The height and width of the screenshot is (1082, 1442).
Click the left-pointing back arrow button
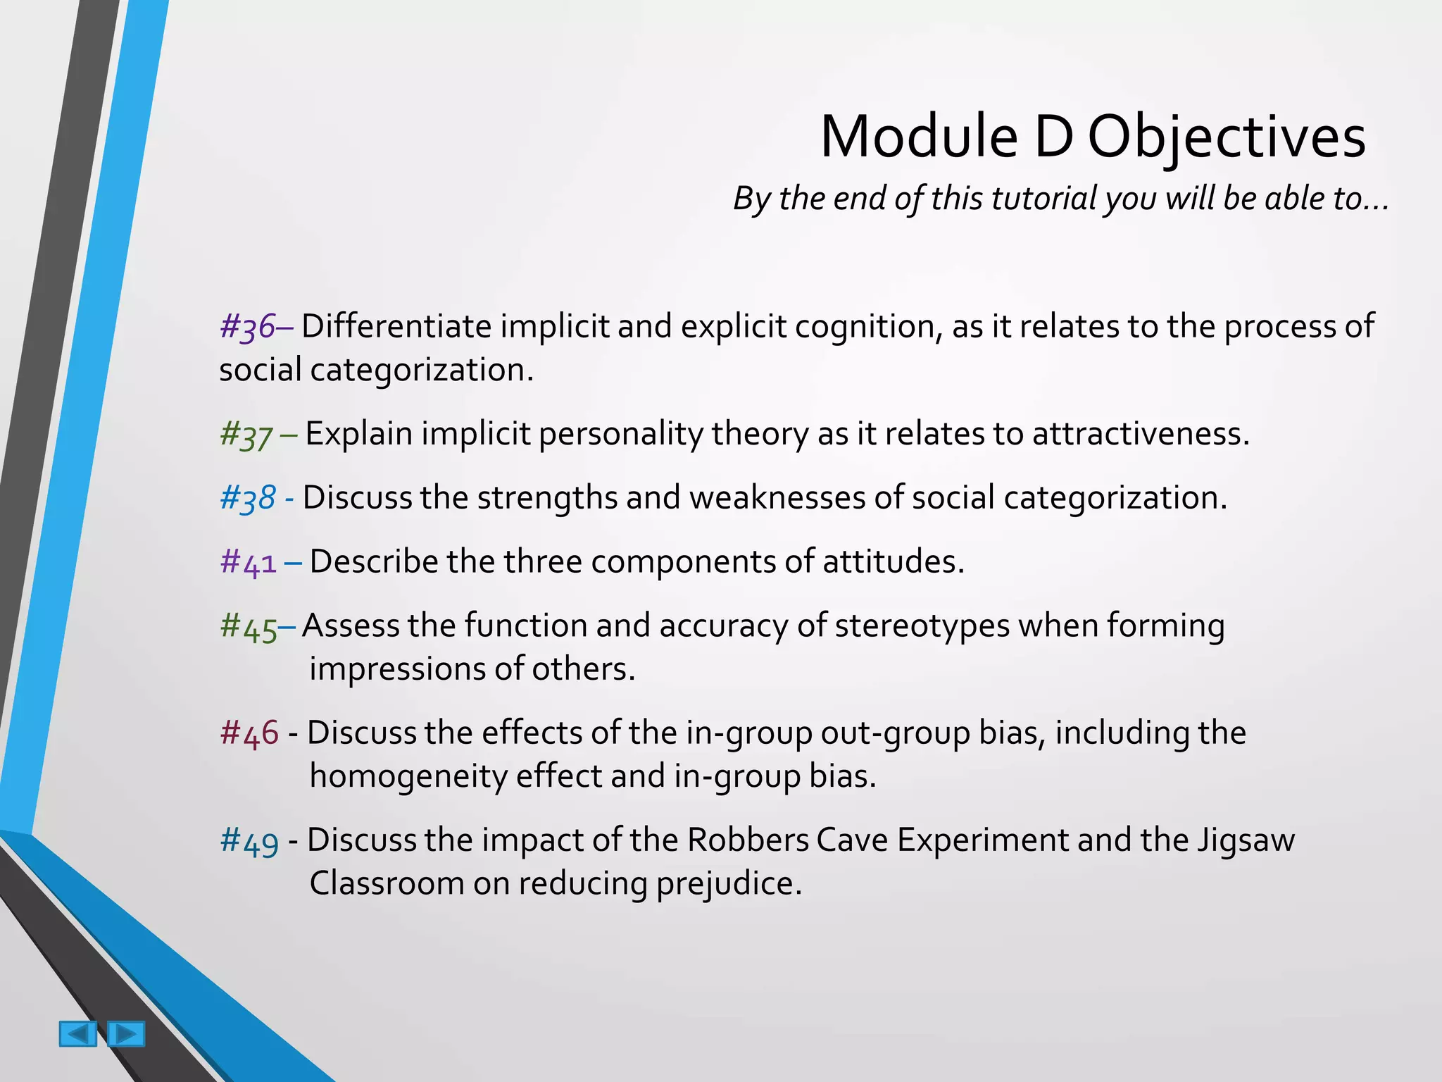coord(78,1033)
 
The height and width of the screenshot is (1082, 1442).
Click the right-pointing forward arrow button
coord(126,1033)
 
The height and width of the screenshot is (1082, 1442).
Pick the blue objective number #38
coord(248,498)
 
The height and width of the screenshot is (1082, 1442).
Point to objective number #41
coord(249,562)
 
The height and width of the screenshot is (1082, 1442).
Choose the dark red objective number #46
coord(249,733)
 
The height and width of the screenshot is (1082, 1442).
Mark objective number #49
coord(249,840)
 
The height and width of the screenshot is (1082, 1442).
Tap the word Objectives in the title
coord(1227,137)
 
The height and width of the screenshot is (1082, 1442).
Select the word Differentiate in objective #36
coord(396,326)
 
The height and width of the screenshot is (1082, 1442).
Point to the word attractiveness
coord(1140,433)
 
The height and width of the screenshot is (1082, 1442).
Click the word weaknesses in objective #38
coord(777,497)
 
